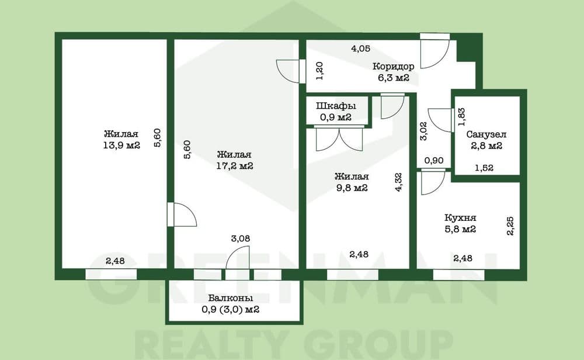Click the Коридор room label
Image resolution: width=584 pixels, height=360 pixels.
(x=393, y=67)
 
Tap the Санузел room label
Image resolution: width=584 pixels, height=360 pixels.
(x=486, y=134)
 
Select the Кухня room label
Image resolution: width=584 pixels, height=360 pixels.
(x=460, y=217)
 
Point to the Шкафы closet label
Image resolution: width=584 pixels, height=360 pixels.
(x=336, y=106)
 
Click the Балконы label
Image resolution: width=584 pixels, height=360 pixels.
(x=231, y=298)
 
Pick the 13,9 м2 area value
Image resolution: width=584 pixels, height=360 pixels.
(x=121, y=146)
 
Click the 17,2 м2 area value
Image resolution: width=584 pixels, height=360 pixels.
(x=235, y=166)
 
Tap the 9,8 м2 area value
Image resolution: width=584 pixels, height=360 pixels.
(x=352, y=188)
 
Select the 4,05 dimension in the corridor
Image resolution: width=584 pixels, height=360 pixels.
(x=361, y=49)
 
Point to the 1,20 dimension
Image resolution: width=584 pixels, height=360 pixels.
(x=319, y=71)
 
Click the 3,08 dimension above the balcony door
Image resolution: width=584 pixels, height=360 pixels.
(x=240, y=238)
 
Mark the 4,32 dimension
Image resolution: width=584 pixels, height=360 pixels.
(x=398, y=182)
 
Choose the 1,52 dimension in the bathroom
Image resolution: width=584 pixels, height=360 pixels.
(x=484, y=168)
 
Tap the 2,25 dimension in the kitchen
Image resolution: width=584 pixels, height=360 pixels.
(x=510, y=226)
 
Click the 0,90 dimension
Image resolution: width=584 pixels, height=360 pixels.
(x=434, y=161)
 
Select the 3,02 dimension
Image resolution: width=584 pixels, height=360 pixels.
(x=423, y=131)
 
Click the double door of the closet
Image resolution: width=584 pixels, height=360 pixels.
(x=339, y=139)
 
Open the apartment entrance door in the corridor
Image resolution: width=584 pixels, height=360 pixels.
(x=435, y=52)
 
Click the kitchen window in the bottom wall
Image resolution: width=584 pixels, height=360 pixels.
(x=459, y=275)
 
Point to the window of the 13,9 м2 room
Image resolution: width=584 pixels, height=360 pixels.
(x=111, y=274)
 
